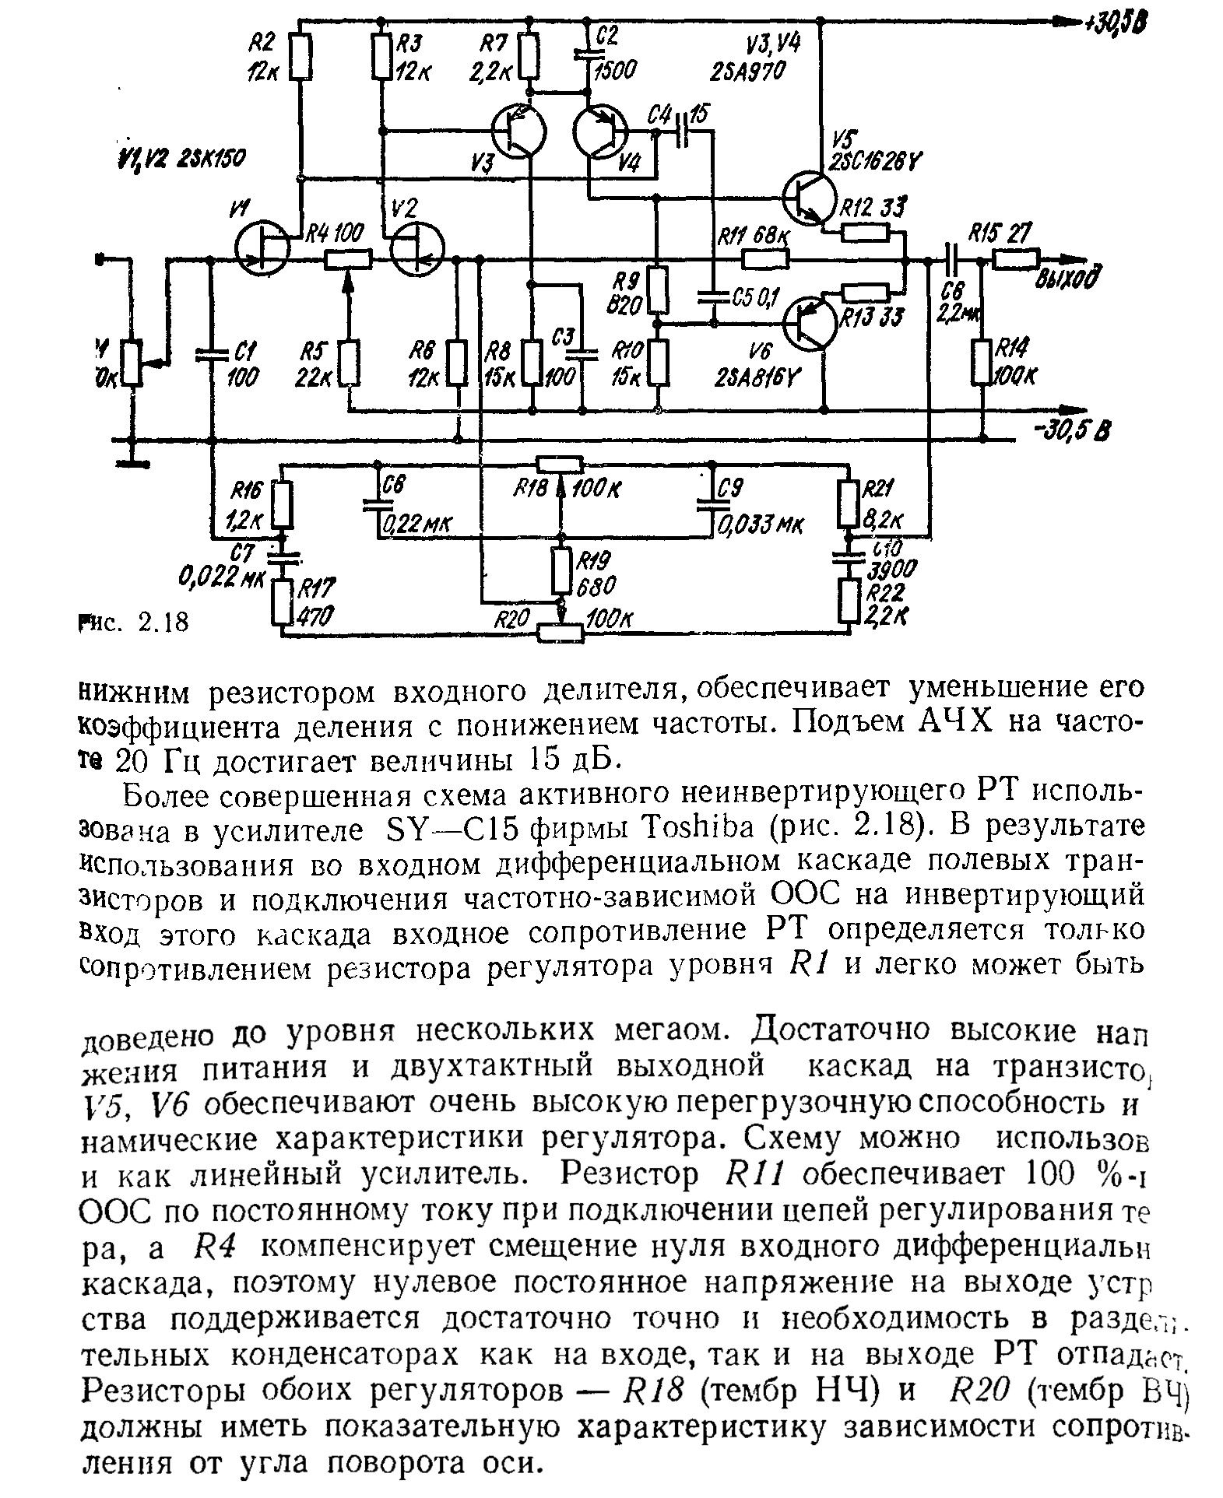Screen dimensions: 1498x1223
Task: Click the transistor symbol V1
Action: point(262,248)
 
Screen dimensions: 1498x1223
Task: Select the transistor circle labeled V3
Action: point(520,132)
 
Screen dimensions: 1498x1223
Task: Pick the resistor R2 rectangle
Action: point(300,57)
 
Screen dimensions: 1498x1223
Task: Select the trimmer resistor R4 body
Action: point(347,259)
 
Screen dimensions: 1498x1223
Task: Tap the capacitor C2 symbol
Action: point(588,54)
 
